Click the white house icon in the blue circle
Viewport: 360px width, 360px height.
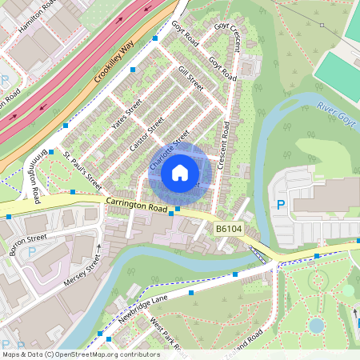point(180,173)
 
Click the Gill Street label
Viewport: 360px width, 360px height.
point(192,78)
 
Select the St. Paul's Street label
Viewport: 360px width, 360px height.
point(83,165)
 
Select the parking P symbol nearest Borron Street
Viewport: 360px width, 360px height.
point(32,251)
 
